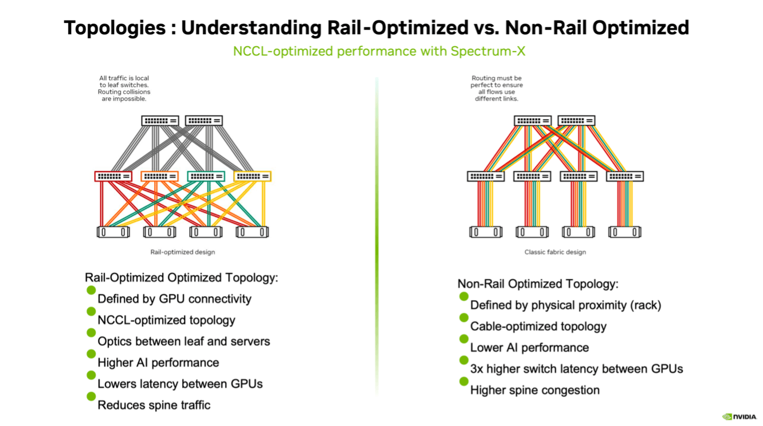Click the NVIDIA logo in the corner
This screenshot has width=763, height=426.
pyautogui.click(x=739, y=416)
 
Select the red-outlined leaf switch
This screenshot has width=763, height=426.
pyautogui.click(x=113, y=176)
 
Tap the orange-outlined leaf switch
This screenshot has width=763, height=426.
pyautogui.click(x=159, y=176)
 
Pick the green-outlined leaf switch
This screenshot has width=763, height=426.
pyautogui.click(x=206, y=176)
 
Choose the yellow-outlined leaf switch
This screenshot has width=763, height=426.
pyautogui.click(x=252, y=176)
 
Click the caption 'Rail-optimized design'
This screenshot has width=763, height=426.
pyautogui.click(x=183, y=252)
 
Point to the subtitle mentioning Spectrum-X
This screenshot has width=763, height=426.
pyautogui.click(x=379, y=51)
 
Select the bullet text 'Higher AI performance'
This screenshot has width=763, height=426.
pyautogui.click(x=158, y=363)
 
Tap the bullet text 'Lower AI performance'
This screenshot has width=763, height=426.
pyautogui.click(x=529, y=348)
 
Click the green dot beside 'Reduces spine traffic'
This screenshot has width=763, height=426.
pyautogui.click(x=91, y=396)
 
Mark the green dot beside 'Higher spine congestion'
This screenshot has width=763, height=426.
pyautogui.click(x=463, y=381)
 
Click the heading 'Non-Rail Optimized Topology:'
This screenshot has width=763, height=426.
pyautogui.click(x=538, y=284)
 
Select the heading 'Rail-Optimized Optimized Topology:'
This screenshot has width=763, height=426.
pyautogui.click(x=182, y=277)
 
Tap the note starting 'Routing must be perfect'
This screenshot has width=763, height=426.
pyautogui.click(x=497, y=88)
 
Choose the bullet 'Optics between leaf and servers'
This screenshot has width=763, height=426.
pyautogui.click(x=183, y=341)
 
